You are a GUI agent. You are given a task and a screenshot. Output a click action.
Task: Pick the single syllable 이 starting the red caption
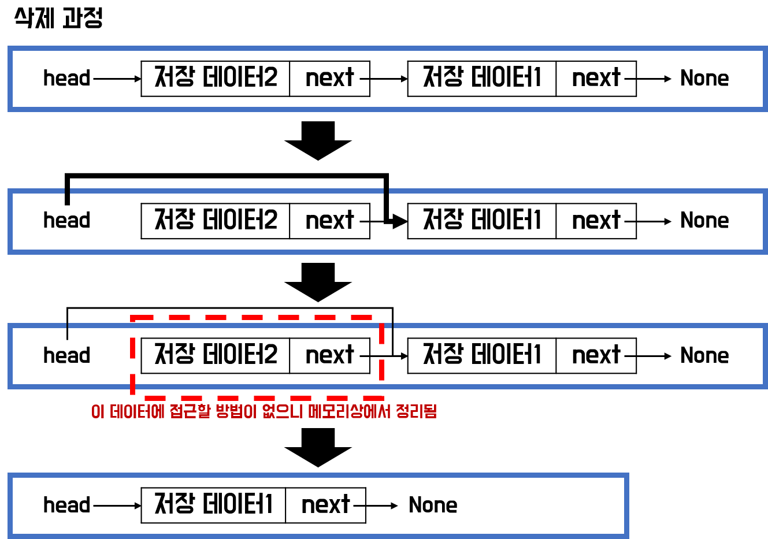pos(98,411)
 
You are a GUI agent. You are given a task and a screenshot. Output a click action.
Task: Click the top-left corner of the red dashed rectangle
pos(133,318)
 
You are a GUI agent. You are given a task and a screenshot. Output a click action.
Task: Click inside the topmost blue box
pos(387,79)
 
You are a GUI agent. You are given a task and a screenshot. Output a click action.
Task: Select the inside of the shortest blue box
pos(318,506)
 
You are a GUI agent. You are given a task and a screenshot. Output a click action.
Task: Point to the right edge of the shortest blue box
pos(626,506)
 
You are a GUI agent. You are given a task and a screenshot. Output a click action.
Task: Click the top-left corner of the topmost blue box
pos(10,49)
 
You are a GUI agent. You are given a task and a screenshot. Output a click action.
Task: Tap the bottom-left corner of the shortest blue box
pos(10,536)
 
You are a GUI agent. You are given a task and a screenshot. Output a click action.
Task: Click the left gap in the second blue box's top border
pos(67,191)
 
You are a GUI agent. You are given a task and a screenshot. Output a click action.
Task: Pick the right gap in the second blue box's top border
pos(386,191)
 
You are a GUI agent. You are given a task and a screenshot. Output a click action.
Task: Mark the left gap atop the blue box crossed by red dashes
pos(67,326)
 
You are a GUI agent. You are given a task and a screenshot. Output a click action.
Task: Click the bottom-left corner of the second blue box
pos(10,252)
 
